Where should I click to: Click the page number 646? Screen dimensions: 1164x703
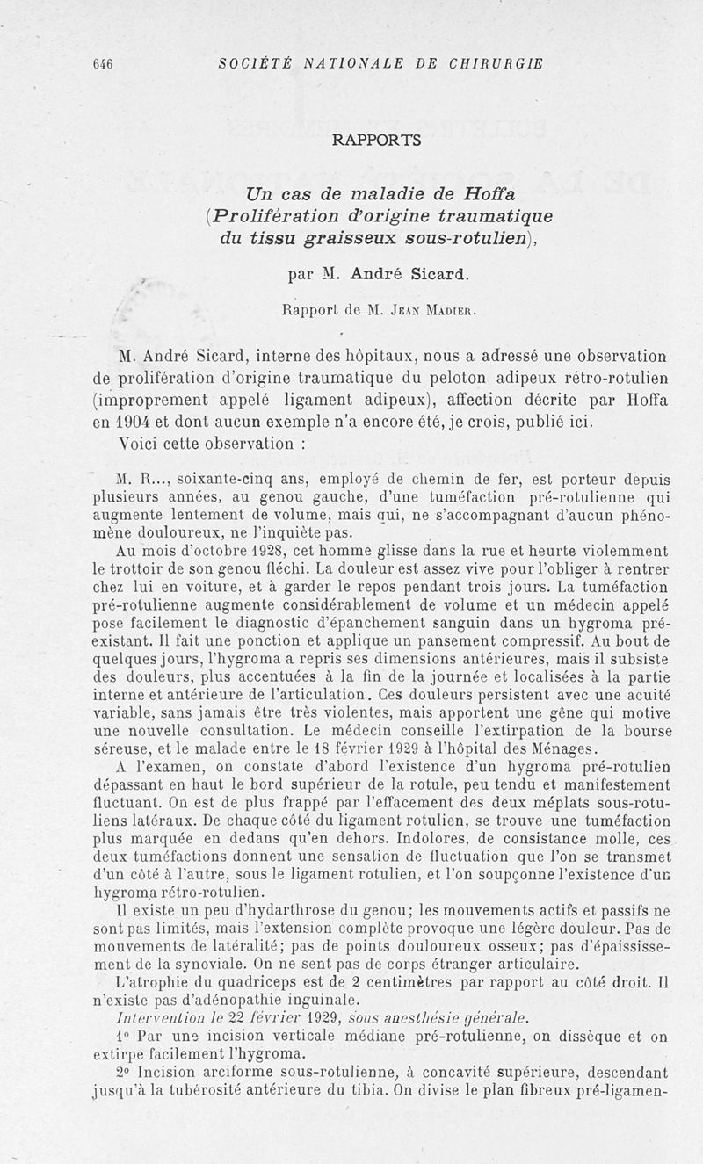[103, 63]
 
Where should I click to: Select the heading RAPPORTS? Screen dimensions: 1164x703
[377, 139]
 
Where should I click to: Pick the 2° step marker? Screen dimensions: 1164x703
[122, 1073]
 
